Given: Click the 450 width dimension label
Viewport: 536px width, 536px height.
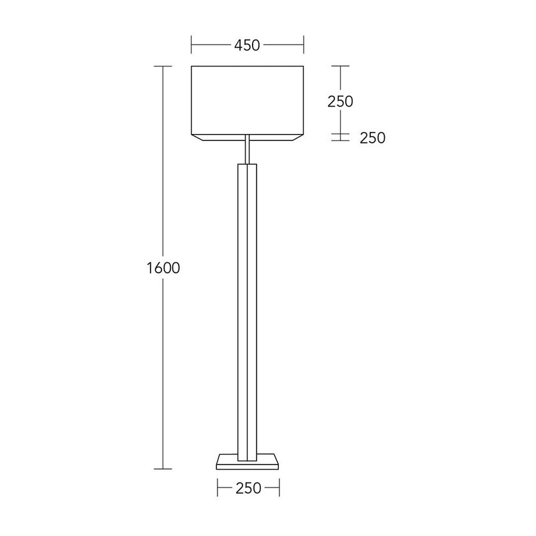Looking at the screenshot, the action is click(x=247, y=45).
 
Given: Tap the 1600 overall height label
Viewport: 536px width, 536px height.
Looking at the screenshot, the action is click(x=163, y=268).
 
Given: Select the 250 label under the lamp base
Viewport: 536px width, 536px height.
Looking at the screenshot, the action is click(x=248, y=488).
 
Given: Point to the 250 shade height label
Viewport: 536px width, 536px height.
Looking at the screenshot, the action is click(x=340, y=101).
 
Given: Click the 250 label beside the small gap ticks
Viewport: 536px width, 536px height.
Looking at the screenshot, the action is click(x=373, y=138).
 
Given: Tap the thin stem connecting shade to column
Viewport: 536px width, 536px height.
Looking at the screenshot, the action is click(x=248, y=149).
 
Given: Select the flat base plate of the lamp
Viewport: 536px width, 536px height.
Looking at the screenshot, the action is click(x=247, y=461).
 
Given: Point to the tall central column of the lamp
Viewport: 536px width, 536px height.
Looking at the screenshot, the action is click(x=247, y=313).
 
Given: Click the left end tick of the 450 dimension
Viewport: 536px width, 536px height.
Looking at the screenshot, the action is click(x=191, y=45).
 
